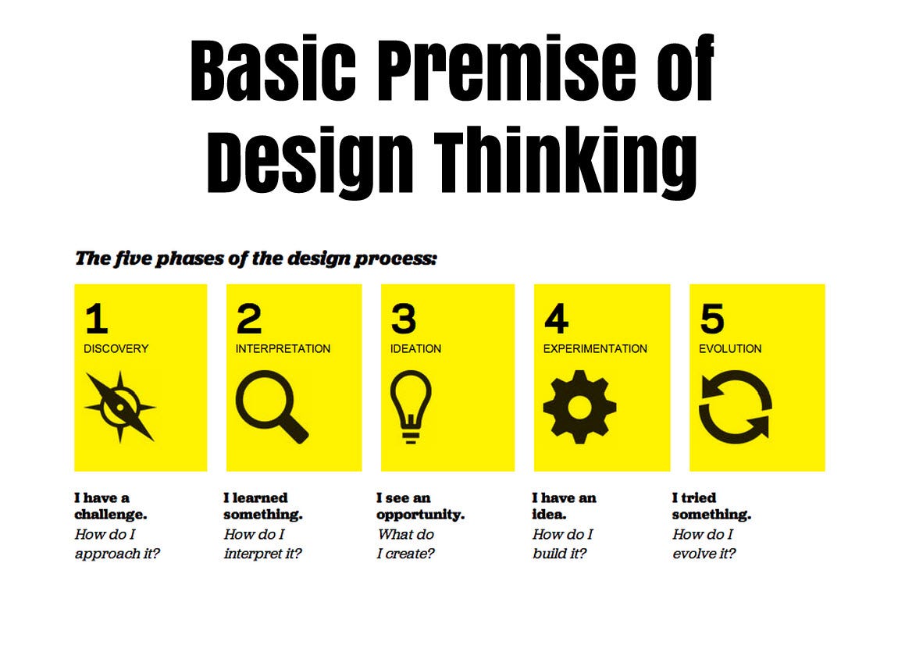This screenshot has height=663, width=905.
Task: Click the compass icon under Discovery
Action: pyautogui.click(x=120, y=407)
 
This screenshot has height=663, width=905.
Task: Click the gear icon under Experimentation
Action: pyautogui.click(x=579, y=407)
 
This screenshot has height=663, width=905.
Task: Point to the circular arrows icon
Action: pyautogui.click(x=734, y=407)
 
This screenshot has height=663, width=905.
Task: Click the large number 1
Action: pyautogui.click(x=96, y=319)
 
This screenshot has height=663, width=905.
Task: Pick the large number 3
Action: pyautogui.click(x=404, y=319)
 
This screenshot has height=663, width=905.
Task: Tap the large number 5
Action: pyautogui.click(x=711, y=319)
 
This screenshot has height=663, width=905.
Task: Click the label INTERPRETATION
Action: pyautogui.click(x=283, y=349)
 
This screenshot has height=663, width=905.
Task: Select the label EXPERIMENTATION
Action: pyautogui.click(x=595, y=349)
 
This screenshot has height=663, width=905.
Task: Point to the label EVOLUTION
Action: pyautogui.click(x=730, y=349)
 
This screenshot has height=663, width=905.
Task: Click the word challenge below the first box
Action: pyautogui.click(x=110, y=515)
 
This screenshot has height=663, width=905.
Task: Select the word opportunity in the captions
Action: pyautogui.click(x=420, y=515)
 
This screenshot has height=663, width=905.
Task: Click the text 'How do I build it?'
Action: pyautogui.click(x=562, y=544)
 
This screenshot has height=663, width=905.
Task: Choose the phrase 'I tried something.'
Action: pyautogui.click(x=711, y=506)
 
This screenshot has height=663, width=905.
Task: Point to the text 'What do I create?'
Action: pyautogui.click(x=406, y=544)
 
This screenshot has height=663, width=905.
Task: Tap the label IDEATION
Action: pyautogui.click(x=415, y=349)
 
